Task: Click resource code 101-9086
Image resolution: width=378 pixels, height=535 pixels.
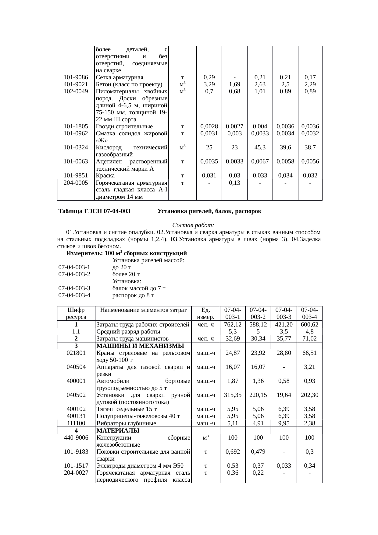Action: click(76, 77)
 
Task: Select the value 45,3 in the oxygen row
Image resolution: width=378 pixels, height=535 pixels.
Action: click(260, 147)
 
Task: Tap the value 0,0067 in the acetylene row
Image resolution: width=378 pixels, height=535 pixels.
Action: click(260, 161)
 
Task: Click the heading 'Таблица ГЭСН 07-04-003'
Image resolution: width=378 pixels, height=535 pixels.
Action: click(94, 211)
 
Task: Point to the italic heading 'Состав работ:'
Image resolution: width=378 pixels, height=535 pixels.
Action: click(193, 225)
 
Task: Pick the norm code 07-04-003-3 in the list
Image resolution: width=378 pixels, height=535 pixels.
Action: click(74, 288)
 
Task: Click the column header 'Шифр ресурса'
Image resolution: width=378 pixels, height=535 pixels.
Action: click(76, 313)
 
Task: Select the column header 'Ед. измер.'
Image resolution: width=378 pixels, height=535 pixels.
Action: click(206, 313)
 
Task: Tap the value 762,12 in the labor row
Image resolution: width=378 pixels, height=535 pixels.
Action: click(233, 325)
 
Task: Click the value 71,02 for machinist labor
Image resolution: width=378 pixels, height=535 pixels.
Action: click(309, 338)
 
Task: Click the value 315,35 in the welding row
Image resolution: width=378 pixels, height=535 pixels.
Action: click(233, 395)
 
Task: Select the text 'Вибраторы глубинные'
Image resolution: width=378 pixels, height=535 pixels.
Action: click(126, 423)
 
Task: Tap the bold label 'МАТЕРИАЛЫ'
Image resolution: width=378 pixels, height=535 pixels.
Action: click(118, 430)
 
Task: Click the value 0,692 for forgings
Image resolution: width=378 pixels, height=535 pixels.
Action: click(233, 451)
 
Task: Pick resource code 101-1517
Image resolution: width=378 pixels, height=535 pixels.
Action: click(76, 465)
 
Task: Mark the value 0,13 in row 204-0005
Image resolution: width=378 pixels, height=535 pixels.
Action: click(234, 183)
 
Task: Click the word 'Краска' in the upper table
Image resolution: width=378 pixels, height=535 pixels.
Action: click(105, 176)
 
